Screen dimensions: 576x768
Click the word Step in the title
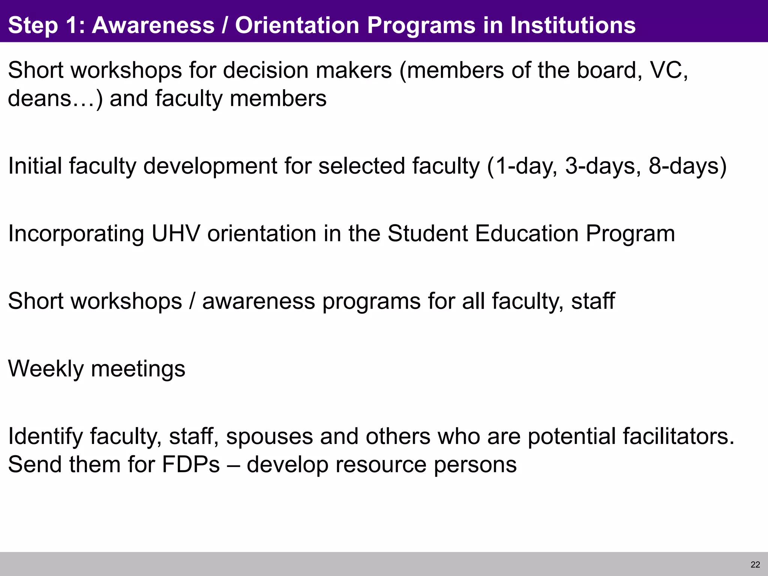(33, 25)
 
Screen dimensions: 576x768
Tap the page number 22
(755, 565)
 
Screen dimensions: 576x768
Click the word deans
(39, 99)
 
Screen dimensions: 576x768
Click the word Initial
(34, 166)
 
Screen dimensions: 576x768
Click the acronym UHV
(175, 233)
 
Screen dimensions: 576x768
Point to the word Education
(526, 233)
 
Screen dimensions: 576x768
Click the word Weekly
(46, 369)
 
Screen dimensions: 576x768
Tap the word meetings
(138, 369)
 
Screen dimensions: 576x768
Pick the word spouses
(269, 436)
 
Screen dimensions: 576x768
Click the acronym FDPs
(191, 465)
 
